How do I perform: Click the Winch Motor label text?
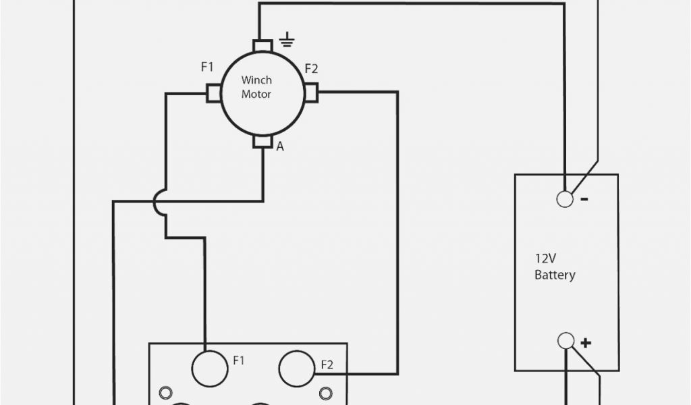point(256,88)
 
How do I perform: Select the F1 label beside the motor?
point(207,67)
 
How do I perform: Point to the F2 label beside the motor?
point(311,68)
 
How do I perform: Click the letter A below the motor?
point(280,146)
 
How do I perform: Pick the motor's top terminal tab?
point(262,46)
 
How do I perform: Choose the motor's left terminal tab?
point(214,93)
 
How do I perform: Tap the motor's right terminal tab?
point(310,93)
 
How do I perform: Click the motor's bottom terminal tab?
point(262,141)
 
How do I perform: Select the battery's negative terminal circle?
point(565,198)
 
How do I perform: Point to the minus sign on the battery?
point(584,198)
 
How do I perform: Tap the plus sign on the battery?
point(585,342)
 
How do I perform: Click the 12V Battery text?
point(555,267)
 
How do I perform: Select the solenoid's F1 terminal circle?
point(207,367)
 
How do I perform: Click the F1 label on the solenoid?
point(238,360)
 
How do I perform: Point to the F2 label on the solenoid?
point(327,365)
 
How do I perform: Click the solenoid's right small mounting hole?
point(327,392)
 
